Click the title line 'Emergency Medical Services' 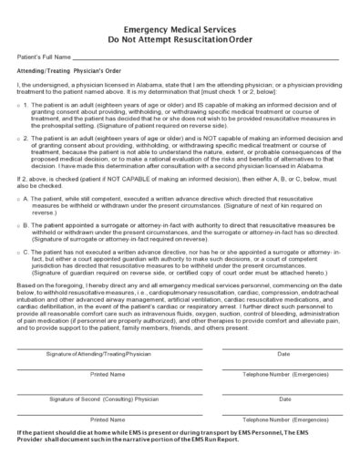click(x=180, y=28)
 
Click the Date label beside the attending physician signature click(x=284, y=354)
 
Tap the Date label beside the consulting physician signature click(x=284, y=399)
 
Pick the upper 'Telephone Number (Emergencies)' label click(x=284, y=374)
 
